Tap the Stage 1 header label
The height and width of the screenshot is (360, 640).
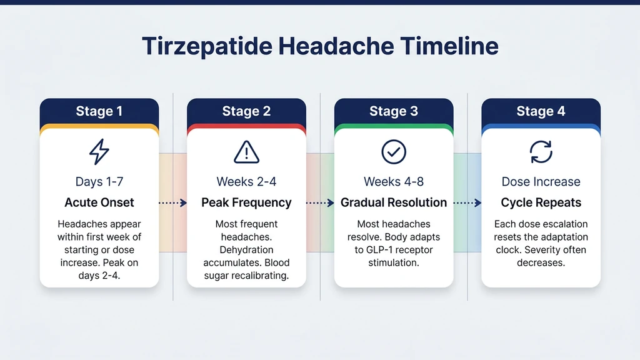(99, 112)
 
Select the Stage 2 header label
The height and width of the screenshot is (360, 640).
(246, 112)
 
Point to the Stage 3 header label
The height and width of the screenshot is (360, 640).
(394, 112)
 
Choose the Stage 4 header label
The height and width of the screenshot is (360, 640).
(541, 112)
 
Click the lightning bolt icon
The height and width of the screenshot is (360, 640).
(99, 151)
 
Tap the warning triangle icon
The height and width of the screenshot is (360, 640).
(246, 152)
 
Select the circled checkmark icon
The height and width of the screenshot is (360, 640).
(394, 151)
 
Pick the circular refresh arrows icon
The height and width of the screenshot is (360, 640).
(541, 151)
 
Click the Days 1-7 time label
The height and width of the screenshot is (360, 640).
(99, 182)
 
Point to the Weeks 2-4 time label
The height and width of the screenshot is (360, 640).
(246, 182)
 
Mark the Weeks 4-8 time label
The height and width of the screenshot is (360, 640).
(394, 182)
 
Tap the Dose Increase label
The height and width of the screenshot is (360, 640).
(541, 182)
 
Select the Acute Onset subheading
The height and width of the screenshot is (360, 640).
(99, 202)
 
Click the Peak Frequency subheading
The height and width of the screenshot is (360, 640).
(246, 202)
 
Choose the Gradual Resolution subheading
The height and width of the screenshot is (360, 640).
(394, 202)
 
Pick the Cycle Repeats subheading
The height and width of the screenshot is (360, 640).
(541, 202)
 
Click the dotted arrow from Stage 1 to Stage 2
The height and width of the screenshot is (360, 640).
(173, 202)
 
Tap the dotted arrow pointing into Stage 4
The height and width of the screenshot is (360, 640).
(467, 202)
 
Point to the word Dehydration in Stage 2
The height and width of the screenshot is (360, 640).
(246, 250)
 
